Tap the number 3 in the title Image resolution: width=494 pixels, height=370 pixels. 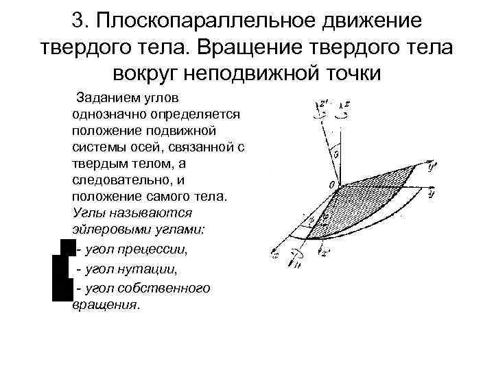click(x=77, y=21)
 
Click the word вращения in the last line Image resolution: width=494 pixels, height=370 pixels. click(x=104, y=304)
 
